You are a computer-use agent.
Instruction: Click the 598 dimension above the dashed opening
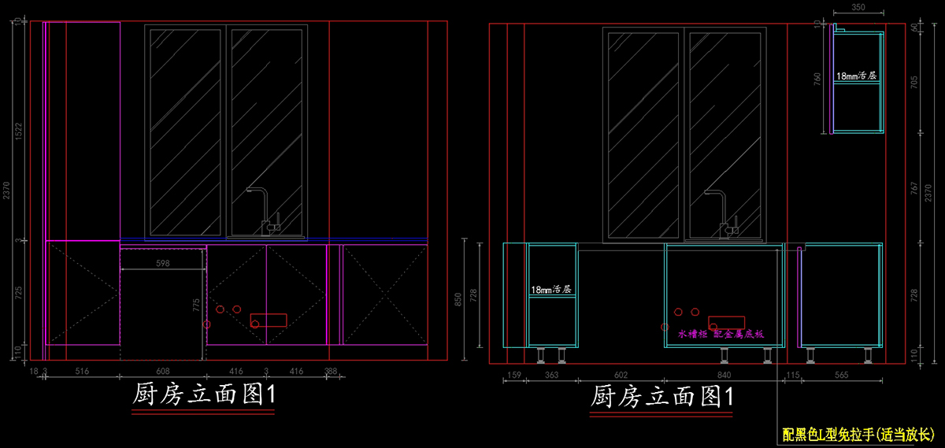(x=163, y=263)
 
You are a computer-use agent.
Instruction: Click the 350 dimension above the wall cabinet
(x=858, y=7)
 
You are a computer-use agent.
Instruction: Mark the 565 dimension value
(x=841, y=376)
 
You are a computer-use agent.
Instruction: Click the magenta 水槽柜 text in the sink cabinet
(x=691, y=334)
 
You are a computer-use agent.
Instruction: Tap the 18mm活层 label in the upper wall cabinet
(x=856, y=76)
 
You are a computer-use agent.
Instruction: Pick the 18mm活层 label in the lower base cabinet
(x=550, y=289)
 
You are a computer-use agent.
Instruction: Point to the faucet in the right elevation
(x=723, y=210)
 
